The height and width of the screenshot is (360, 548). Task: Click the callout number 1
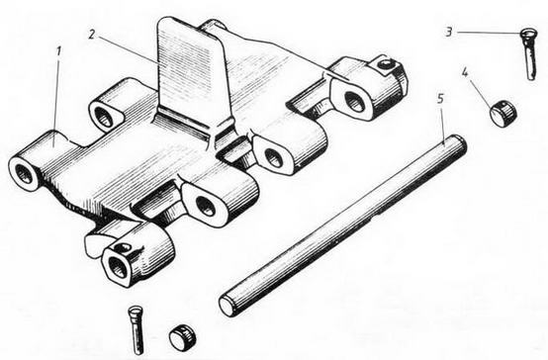(x=59, y=51)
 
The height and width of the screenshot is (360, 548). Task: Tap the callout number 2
(x=92, y=34)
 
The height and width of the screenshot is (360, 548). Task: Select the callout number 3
(x=449, y=32)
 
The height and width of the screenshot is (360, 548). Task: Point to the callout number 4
(x=465, y=72)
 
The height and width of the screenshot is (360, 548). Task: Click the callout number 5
(x=440, y=99)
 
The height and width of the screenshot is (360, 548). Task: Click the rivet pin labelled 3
(x=528, y=54)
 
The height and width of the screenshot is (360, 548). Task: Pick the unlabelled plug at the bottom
(x=182, y=336)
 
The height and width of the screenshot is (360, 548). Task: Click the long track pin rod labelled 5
(x=342, y=225)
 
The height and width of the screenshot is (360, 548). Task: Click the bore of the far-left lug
(x=24, y=174)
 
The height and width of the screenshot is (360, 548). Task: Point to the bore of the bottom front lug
(x=118, y=267)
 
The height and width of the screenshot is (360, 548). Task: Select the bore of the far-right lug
(x=355, y=101)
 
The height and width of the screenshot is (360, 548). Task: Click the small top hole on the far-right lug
(x=385, y=64)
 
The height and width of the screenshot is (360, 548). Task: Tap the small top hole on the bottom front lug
(x=123, y=247)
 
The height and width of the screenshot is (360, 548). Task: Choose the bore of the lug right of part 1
(x=104, y=117)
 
